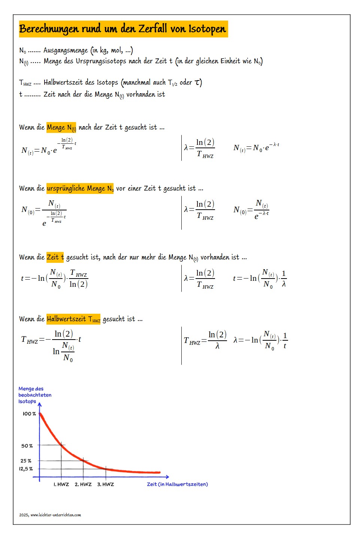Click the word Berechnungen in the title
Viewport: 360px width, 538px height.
[49, 29]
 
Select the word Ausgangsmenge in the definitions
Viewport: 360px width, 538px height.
[66, 50]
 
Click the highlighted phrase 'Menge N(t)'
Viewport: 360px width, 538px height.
[61, 127]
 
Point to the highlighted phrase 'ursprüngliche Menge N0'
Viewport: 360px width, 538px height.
[80, 188]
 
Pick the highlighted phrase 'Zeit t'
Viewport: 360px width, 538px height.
[55, 257]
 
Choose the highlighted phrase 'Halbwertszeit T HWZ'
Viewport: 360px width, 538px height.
[73, 319]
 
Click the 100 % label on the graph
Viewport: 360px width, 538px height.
[29, 414]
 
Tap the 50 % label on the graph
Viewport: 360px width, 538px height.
[27, 446]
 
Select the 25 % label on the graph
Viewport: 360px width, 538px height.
[26, 461]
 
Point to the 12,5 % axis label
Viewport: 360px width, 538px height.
[26, 469]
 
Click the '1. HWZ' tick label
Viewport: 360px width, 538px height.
[61, 484]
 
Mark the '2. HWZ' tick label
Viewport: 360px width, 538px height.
[83, 484]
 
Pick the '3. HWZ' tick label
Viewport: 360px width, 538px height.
[106, 484]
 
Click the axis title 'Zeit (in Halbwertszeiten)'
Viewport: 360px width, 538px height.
[177, 484]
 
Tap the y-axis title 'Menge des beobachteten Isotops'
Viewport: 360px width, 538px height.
[34, 395]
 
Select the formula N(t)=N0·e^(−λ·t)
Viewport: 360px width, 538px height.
[256, 148]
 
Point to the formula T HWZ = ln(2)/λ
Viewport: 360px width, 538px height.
[205, 340]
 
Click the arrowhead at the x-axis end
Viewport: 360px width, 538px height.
[167, 477]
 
